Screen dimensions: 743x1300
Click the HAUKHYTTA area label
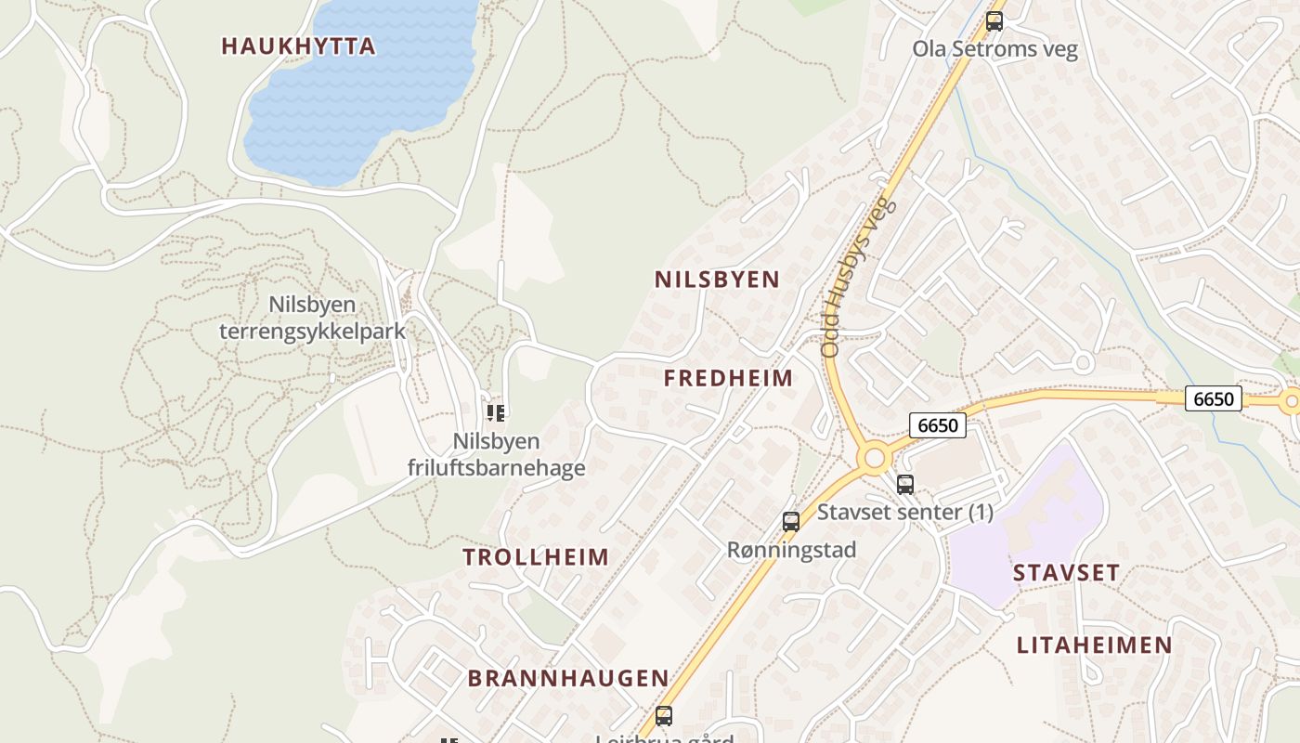(x=298, y=46)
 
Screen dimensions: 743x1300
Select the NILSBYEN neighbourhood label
(x=717, y=280)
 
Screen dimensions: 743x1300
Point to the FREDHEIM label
(x=729, y=378)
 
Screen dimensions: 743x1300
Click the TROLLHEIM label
(x=536, y=557)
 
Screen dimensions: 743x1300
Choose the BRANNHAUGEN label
(x=568, y=678)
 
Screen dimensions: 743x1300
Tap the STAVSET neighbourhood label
(x=1066, y=572)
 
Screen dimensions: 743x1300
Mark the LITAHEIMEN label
(x=1094, y=645)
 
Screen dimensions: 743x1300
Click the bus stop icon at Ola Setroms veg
(x=994, y=21)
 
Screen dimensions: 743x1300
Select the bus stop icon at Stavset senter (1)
(x=905, y=484)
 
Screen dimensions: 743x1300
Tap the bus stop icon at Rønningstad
(x=791, y=522)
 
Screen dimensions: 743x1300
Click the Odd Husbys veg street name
(x=858, y=277)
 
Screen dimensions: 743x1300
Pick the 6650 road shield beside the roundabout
(x=938, y=425)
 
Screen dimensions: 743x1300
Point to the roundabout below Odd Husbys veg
(x=874, y=457)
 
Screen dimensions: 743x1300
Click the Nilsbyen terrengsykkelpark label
(x=312, y=318)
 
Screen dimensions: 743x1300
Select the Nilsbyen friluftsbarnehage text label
(x=496, y=454)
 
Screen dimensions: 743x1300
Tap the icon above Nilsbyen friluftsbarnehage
(x=496, y=412)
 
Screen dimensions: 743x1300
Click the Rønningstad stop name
(x=791, y=550)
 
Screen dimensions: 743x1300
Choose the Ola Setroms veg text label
(x=994, y=48)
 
